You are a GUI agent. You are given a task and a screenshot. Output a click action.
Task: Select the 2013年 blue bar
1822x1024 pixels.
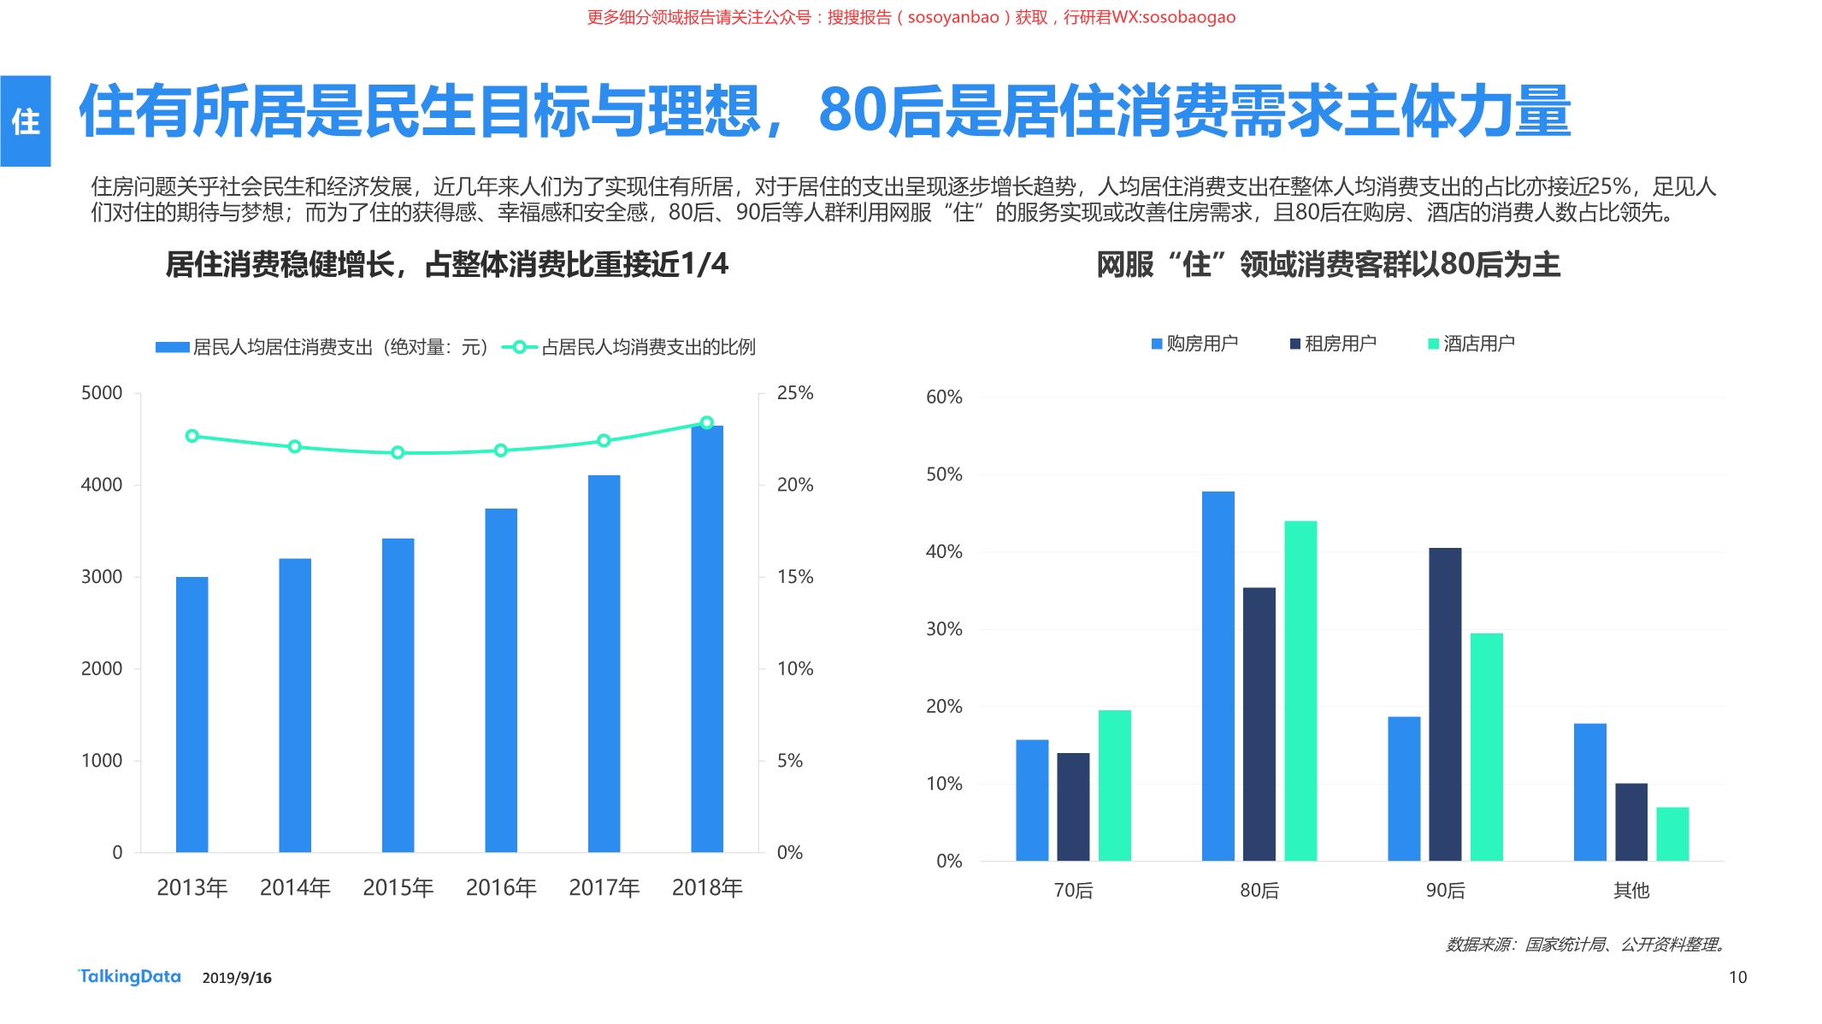coord(192,714)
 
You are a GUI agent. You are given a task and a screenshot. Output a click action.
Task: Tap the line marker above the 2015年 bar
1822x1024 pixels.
coord(398,452)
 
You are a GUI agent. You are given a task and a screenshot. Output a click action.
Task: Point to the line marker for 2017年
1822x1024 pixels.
coord(604,440)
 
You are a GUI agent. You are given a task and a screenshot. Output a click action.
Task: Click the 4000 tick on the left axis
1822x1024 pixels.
coord(102,485)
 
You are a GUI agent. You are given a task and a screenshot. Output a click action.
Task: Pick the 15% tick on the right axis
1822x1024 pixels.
coord(794,577)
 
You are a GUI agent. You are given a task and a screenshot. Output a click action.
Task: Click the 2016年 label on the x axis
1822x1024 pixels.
coord(501,887)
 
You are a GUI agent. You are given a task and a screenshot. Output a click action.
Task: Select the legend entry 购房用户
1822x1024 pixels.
coord(1194,344)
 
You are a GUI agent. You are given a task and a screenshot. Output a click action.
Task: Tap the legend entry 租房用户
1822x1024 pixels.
coord(1333,344)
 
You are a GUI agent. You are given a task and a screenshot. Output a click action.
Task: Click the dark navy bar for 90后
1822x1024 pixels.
coord(1445,703)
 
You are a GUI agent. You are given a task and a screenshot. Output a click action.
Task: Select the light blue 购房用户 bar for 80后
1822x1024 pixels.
coord(1218,675)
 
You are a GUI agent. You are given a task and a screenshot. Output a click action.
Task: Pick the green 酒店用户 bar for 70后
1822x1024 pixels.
coord(1114,785)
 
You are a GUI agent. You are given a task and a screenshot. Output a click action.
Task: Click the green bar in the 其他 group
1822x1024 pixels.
coord(1672,833)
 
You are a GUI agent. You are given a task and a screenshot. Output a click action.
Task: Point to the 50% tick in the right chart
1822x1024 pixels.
coord(944,474)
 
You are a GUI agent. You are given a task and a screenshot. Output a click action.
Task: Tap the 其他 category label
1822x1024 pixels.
coord(1630,891)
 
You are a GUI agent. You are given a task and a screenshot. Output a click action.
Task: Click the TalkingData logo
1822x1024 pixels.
coord(130,976)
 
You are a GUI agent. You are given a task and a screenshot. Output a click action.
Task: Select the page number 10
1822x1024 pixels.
coord(1737,977)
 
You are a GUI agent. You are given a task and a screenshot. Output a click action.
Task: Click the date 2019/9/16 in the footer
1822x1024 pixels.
coord(237,978)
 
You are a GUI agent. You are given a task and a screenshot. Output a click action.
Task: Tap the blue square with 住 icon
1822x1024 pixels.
coord(26,121)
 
